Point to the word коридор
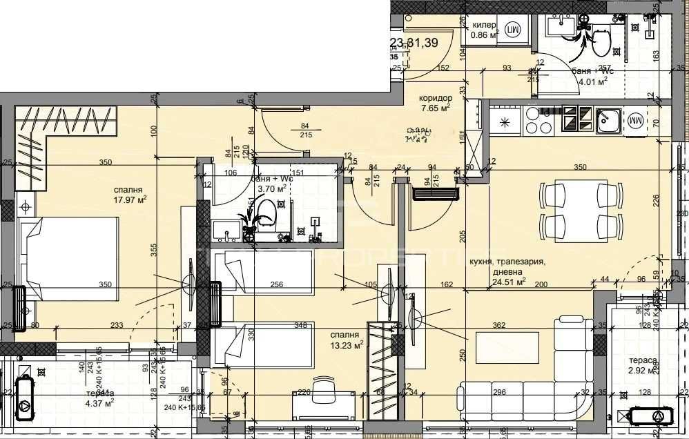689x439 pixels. click(436, 98)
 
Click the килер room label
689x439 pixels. click(485, 25)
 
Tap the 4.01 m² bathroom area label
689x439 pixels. click(593, 81)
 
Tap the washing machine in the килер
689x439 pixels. click(513, 29)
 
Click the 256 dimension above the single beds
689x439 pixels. click(276, 284)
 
